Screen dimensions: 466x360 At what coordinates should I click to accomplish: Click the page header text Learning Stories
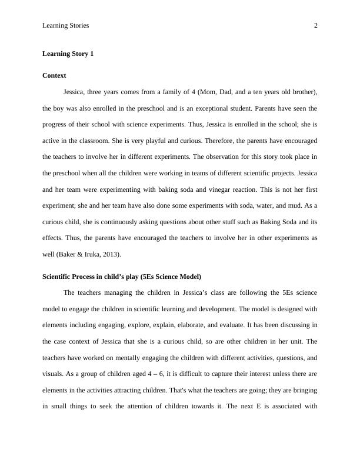[66, 25]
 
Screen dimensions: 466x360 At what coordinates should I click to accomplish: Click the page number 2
[316, 25]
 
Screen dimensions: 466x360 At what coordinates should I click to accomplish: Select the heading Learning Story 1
[68, 54]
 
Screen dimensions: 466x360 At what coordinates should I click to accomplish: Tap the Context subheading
[55, 76]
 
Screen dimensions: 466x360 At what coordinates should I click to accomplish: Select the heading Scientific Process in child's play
[122, 277]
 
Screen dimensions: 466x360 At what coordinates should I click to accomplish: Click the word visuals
[54, 374]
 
